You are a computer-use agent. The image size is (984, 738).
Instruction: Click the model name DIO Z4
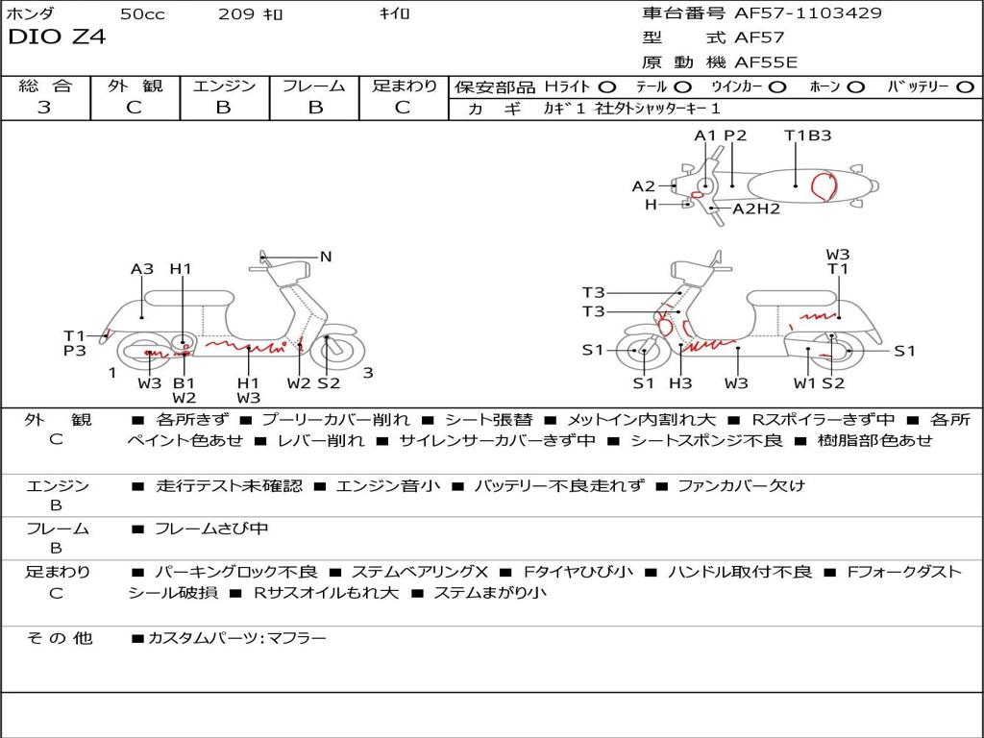[57, 37]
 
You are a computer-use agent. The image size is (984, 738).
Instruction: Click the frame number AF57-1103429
[807, 12]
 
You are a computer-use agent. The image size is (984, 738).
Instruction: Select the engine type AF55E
[766, 62]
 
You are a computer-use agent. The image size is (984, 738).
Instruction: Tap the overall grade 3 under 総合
[44, 107]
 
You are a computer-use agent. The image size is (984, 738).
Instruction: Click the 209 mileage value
[236, 13]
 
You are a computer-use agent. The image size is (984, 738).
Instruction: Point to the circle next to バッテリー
[965, 87]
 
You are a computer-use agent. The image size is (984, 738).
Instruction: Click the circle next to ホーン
[855, 87]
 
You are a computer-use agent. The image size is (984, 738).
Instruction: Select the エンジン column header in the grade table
[224, 86]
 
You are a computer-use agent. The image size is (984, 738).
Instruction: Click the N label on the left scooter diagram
[325, 256]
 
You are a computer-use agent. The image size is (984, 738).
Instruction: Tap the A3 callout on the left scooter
[142, 269]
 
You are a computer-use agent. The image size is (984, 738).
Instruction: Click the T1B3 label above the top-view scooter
[807, 135]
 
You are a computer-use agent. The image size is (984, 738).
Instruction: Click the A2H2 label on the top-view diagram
[756, 209]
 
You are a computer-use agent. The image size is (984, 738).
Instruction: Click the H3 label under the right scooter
[680, 382]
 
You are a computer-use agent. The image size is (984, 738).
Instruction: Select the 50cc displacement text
[142, 13]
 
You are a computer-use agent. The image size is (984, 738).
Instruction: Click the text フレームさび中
[211, 529]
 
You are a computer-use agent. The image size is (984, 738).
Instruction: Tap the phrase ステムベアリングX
[419, 572]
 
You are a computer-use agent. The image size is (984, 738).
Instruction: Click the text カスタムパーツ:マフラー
[237, 638]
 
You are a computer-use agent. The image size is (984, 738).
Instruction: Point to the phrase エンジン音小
[388, 485]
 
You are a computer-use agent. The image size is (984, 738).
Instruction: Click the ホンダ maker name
[30, 13]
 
